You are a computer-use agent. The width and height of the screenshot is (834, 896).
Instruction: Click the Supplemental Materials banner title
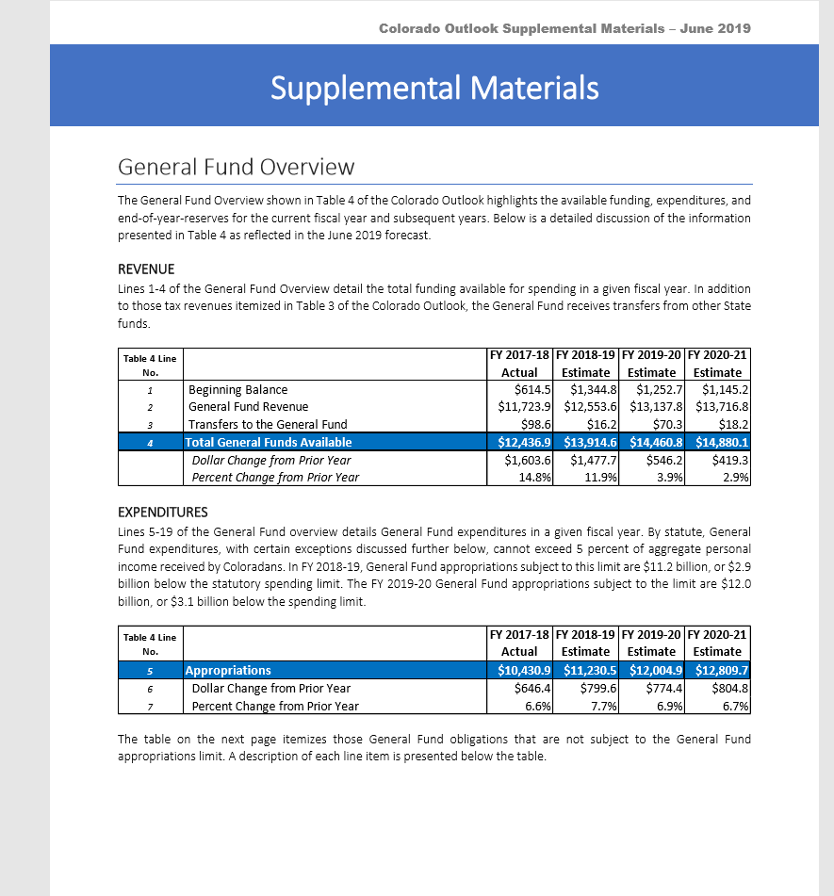tap(434, 88)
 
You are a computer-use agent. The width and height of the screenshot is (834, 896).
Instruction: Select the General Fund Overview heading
tap(236, 167)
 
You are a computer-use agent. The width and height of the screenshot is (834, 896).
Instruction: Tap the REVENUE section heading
tap(146, 269)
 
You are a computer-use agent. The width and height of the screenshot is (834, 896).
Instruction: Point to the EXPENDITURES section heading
tap(163, 513)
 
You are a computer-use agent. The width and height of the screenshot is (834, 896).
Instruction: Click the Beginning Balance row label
tap(238, 389)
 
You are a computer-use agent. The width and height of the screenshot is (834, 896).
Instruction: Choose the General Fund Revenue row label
tap(248, 406)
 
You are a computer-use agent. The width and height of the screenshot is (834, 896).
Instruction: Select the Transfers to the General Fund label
tap(268, 424)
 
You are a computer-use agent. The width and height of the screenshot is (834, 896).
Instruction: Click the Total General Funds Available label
tap(269, 442)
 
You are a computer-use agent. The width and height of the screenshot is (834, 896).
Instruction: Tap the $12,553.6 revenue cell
tap(591, 406)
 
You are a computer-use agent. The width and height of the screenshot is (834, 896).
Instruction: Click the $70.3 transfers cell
tap(666, 424)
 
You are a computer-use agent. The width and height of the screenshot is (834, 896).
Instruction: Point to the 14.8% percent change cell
tap(534, 477)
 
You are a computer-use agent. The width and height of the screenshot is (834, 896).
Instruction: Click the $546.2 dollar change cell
tap(664, 460)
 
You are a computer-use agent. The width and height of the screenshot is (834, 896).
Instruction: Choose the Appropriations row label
tap(229, 671)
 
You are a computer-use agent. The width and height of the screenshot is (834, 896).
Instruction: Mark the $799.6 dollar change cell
tap(597, 688)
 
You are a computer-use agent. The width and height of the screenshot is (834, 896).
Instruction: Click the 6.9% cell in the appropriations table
tap(668, 706)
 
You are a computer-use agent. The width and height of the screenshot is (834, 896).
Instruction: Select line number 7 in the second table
tap(150, 706)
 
